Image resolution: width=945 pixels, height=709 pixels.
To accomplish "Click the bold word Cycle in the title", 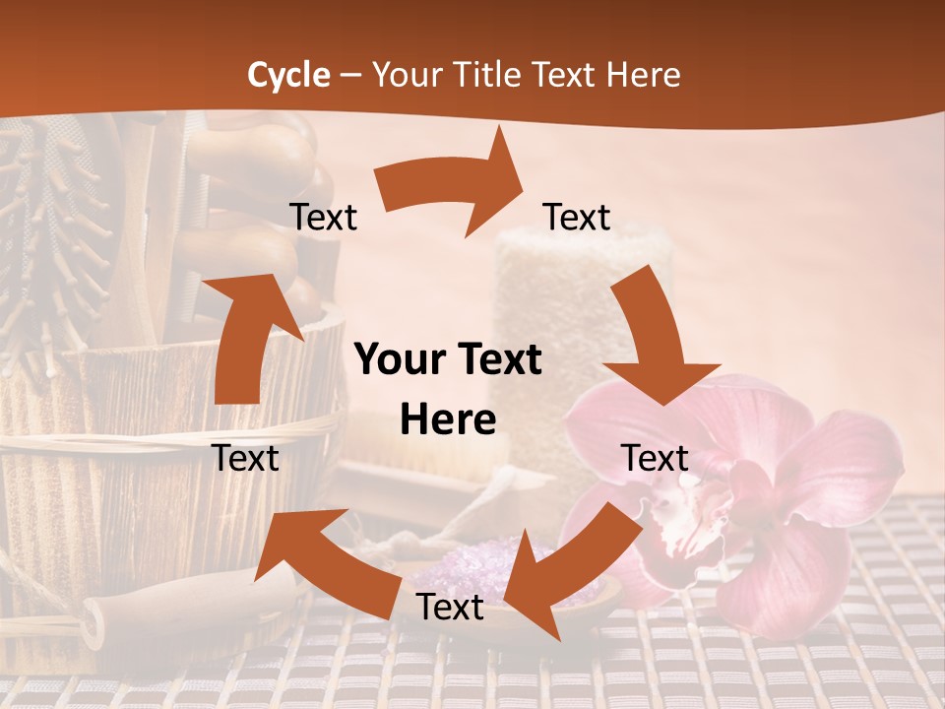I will pos(288,75).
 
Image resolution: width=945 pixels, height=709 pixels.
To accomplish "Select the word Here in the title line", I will pos(644,75).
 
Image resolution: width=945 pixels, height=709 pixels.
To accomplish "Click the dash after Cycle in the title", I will pos(350,75).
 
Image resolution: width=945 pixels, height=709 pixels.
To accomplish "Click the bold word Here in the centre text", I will pos(448,420).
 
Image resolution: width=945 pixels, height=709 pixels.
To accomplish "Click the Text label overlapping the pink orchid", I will pos(656,458).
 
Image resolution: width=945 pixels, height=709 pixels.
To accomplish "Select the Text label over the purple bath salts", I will pos(450,608).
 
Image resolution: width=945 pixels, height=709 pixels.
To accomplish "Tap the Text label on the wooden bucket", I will pos(246,458).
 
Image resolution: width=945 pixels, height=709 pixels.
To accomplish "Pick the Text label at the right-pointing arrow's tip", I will pos(577,217).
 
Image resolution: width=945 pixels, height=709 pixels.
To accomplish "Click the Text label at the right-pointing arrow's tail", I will pos(323,217).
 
